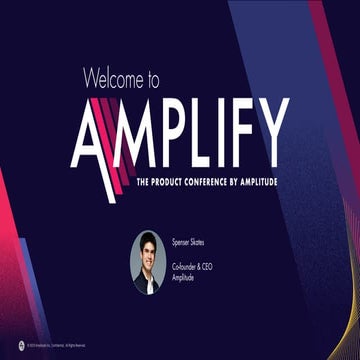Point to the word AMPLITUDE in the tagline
pyautogui.click(x=262, y=181)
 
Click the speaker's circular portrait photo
pyautogui.click(x=147, y=261)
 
